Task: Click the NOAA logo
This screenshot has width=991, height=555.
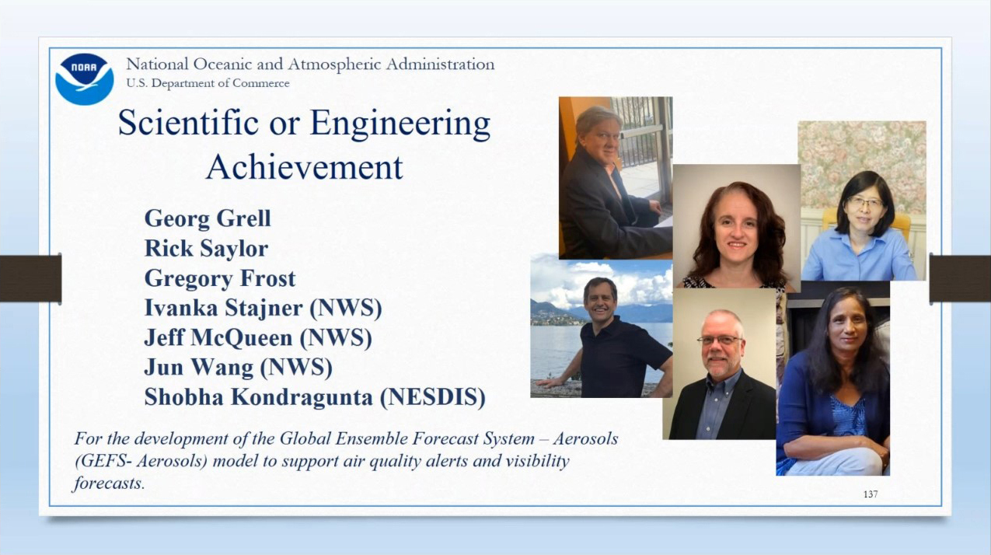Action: click(x=85, y=79)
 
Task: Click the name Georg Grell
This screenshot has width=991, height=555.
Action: click(x=208, y=218)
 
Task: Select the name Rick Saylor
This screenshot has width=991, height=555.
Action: click(x=206, y=248)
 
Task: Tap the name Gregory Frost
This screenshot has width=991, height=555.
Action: click(x=220, y=278)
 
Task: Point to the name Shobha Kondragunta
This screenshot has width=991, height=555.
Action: click(x=258, y=396)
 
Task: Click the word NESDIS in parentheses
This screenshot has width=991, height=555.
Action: click(x=433, y=397)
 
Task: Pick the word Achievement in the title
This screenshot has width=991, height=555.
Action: click(x=305, y=167)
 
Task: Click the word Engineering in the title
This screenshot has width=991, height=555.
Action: click(x=400, y=124)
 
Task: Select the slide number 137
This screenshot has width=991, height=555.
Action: click(x=871, y=494)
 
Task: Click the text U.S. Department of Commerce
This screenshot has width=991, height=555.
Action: click(x=208, y=83)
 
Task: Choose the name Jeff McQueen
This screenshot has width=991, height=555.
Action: click(x=218, y=337)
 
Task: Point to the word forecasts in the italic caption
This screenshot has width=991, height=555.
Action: click(x=110, y=483)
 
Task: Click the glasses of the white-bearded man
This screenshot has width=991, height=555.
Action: click(x=720, y=340)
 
